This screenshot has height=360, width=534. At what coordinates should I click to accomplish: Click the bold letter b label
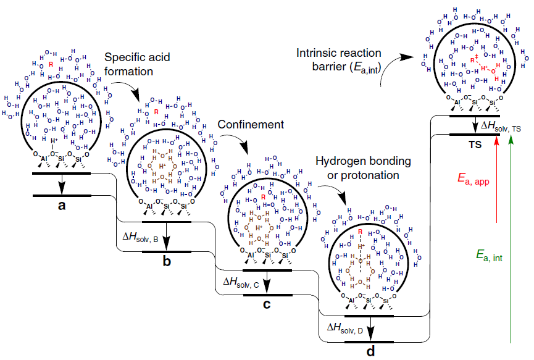[167, 261]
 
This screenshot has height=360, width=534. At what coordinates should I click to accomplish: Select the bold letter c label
[266, 304]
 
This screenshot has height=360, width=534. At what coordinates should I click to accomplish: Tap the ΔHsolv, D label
[345, 327]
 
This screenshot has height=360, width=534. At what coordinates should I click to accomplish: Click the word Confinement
[250, 124]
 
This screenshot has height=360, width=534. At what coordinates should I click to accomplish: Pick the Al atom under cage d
[351, 300]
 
